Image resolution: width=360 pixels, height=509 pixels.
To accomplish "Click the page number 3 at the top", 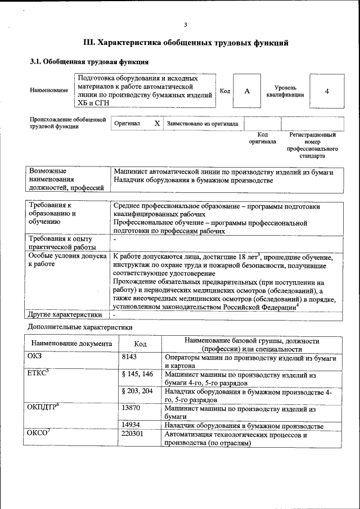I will coord(185,24).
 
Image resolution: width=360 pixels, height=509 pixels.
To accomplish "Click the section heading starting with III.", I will coord(186,42).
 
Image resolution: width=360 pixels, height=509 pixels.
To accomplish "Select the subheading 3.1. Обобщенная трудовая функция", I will coord(89,62).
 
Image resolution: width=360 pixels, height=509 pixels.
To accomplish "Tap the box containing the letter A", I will coord(247,91).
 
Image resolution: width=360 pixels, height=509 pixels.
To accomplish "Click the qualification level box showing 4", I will coord(326,91).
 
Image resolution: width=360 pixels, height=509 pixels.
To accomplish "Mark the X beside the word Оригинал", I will coord(157,123).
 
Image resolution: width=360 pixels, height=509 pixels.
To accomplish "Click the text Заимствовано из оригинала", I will coord(202,124).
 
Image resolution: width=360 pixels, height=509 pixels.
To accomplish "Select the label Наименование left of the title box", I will coord(49,91).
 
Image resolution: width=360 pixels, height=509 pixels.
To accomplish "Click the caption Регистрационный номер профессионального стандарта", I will coord(312,145).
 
